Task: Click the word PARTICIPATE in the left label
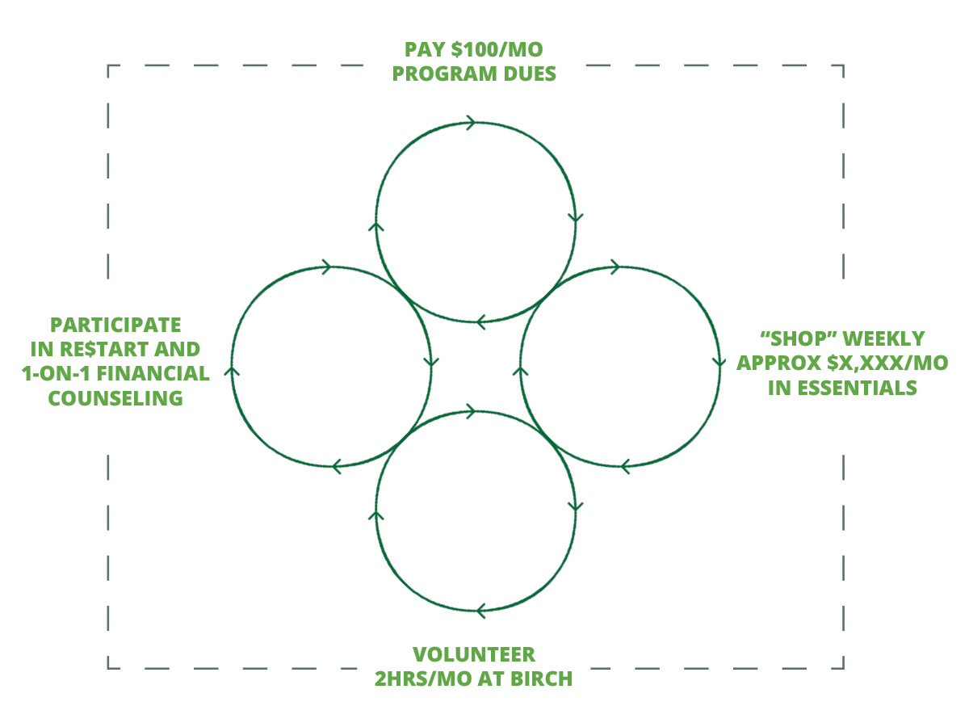pyautogui.click(x=115, y=326)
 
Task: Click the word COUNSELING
pyautogui.click(x=115, y=399)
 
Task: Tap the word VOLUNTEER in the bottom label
pyautogui.click(x=474, y=654)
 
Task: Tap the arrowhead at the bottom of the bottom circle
pyautogui.click(x=479, y=610)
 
